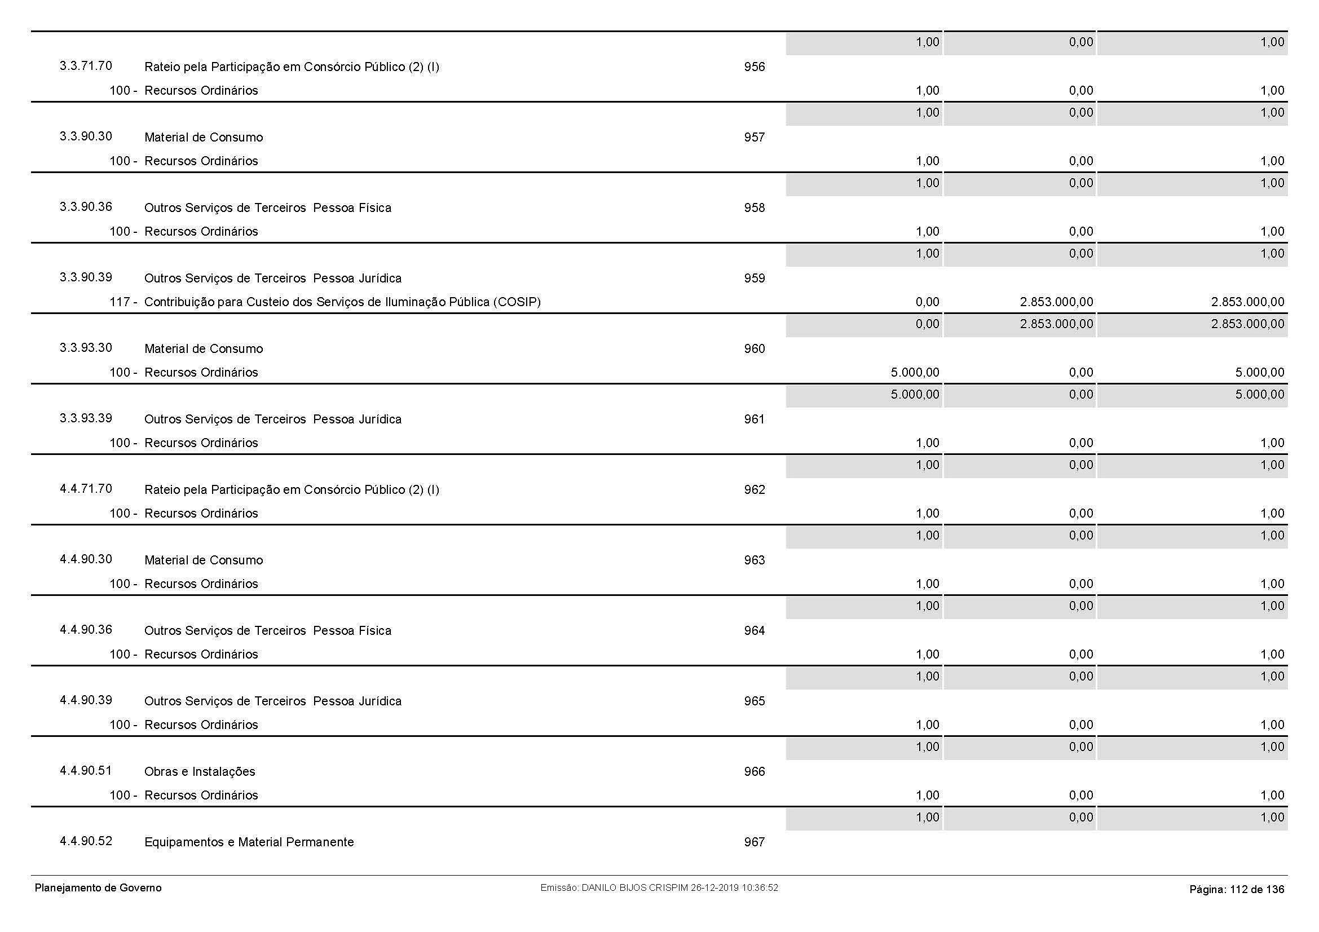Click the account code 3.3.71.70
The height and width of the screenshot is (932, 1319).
tap(86, 66)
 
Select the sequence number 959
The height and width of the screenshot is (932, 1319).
tap(755, 279)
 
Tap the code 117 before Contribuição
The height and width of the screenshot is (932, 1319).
tap(120, 302)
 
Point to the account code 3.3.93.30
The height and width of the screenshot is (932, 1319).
tap(86, 348)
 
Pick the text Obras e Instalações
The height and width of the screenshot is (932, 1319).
tap(199, 772)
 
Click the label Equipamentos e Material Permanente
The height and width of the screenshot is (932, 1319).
tap(249, 842)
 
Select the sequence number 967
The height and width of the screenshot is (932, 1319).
tap(755, 842)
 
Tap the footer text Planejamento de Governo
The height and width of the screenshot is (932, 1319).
tap(98, 889)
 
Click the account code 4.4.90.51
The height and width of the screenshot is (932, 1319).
tap(86, 771)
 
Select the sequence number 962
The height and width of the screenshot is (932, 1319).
tap(755, 490)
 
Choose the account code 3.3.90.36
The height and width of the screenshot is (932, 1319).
tap(86, 207)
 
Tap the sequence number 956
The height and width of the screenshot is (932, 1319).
tap(755, 67)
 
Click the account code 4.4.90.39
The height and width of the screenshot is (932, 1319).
tap(86, 700)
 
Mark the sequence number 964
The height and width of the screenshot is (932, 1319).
tap(755, 631)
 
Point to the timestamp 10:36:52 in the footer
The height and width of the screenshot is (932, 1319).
tap(760, 888)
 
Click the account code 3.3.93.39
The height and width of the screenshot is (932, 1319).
tap(86, 418)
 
